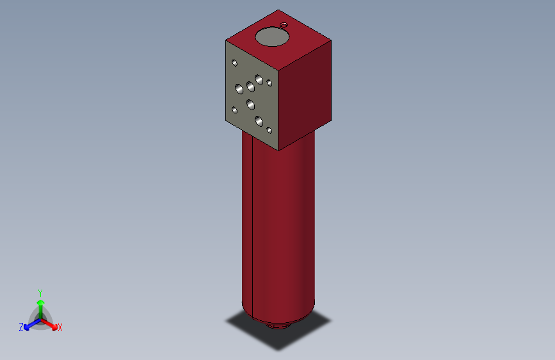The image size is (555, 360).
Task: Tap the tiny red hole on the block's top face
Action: point(284,24)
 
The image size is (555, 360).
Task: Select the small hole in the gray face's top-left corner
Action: point(235,63)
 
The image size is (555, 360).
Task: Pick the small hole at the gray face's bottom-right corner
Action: point(269,130)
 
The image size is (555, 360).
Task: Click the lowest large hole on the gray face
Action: point(259,120)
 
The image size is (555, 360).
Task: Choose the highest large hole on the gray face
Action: point(259,79)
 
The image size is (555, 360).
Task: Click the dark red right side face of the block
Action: point(306,96)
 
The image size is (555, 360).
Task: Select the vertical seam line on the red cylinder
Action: point(253,224)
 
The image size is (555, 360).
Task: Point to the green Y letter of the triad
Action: point(40,291)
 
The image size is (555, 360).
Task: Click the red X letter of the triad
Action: point(60,328)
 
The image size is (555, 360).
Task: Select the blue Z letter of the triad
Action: point(21,327)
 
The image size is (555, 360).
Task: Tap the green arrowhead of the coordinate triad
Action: point(40,302)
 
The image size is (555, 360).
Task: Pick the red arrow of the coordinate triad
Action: point(51,323)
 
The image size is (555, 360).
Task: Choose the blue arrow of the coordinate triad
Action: point(29,325)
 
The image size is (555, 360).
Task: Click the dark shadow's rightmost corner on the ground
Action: point(331,320)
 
